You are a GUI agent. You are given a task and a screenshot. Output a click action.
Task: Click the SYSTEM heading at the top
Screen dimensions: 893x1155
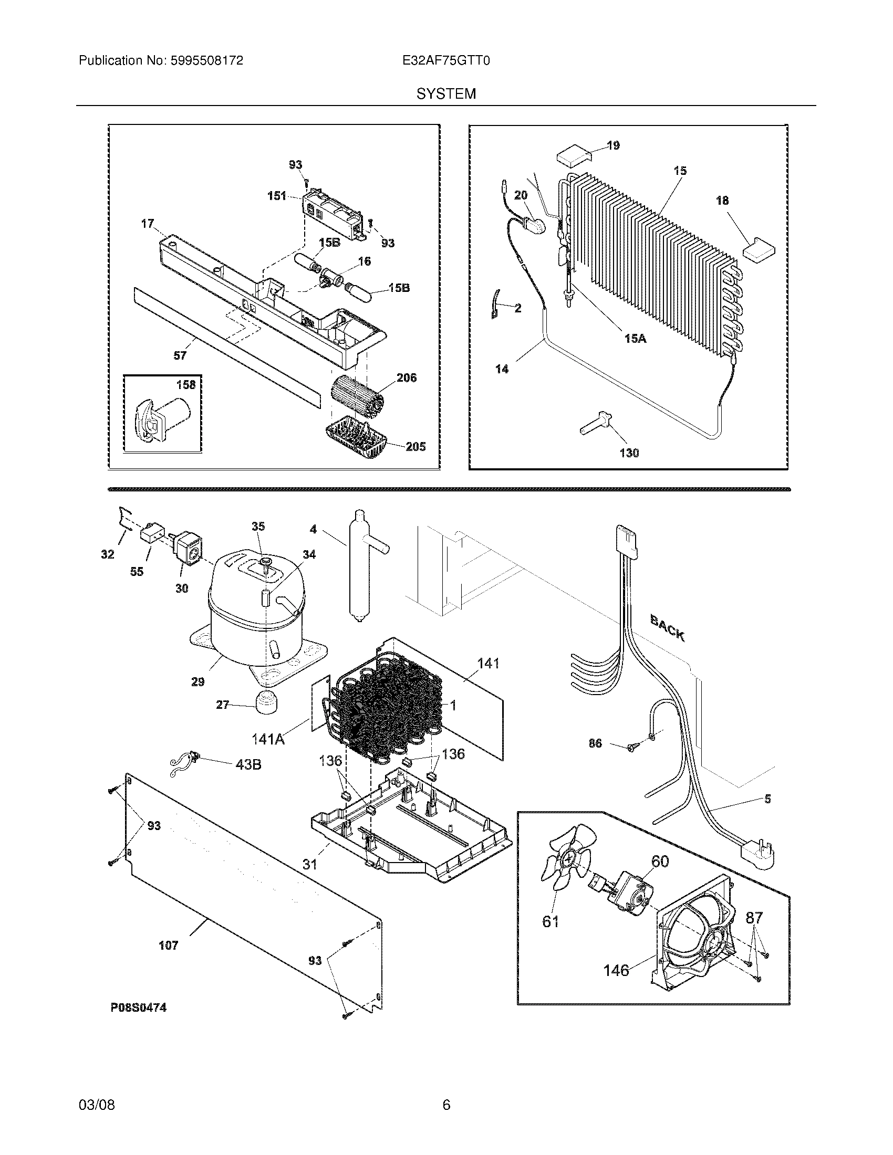tap(446, 93)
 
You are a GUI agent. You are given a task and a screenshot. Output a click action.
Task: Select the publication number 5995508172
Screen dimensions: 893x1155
tap(207, 61)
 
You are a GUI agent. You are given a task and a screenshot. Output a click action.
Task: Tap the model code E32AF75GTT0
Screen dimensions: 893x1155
tap(446, 61)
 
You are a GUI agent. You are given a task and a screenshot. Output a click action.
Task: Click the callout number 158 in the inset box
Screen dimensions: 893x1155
tap(185, 384)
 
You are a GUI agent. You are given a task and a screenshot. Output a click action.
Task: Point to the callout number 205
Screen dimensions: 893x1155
tap(416, 446)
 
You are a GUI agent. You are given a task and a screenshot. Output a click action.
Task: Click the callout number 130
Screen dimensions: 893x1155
tap(629, 453)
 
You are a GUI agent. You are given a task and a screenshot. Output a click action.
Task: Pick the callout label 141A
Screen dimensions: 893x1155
tap(268, 739)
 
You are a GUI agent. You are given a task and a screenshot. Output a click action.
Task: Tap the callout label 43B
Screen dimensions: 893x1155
tap(247, 764)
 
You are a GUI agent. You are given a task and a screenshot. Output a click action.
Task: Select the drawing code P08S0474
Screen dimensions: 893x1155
tap(139, 1007)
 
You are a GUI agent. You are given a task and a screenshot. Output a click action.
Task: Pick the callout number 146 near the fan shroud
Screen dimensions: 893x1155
tap(616, 970)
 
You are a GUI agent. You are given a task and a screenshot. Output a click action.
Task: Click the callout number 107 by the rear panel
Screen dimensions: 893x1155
tap(169, 945)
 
